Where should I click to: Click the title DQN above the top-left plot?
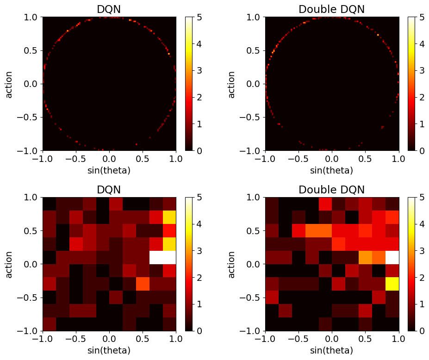[109, 9]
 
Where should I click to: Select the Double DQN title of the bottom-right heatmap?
[331, 190]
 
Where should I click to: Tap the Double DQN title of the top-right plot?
[331, 9]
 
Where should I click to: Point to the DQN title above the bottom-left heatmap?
[109, 190]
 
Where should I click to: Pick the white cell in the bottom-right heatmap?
[392, 257]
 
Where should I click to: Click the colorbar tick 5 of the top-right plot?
[423, 18]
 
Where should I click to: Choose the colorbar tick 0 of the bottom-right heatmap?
[423, 331]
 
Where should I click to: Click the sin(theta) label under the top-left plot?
[109, 170]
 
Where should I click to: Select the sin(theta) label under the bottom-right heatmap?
[331, 351]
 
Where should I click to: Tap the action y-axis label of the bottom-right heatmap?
[232, 264]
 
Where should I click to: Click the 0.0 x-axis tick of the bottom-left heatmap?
[109, 339]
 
